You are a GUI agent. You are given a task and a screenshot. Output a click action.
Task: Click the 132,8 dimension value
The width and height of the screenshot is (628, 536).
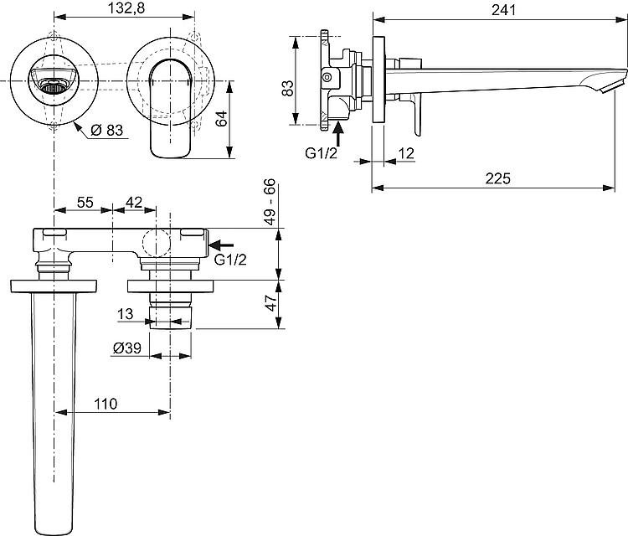tap(126, 9)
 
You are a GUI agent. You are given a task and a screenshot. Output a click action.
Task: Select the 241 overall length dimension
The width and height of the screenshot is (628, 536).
tap(503, 10)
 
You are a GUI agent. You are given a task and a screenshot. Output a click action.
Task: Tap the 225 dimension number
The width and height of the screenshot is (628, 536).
tap(498, 178)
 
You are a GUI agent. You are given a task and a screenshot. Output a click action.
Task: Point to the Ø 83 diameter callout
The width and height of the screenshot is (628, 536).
tap(106, 130)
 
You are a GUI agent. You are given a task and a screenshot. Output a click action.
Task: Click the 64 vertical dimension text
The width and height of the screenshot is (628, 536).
tap(221, 119)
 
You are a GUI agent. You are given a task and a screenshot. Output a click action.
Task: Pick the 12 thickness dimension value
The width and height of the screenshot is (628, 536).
tap(406, 153)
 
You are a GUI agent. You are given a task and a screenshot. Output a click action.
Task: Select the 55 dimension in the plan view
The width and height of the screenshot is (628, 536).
tap(85, 203)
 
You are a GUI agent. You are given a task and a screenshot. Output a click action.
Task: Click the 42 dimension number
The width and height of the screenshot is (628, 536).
tap(134, 203)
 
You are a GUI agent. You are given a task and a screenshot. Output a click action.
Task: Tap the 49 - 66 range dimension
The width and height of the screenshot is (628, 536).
tap(270, 202)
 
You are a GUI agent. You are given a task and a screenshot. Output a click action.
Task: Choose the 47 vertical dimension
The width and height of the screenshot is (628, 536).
tap(271, 302)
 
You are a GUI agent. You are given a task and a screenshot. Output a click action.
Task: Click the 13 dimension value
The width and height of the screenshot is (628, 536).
tap(125, 314)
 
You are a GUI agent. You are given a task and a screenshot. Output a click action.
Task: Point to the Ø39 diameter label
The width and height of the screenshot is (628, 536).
tap(127, 348)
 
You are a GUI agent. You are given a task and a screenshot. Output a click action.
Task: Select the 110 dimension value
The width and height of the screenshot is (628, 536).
tap(106, 404)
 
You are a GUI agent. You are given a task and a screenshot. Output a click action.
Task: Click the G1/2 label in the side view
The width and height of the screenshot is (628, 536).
tap(322, 153)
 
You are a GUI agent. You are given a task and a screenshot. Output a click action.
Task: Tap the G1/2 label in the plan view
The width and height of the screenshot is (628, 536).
tap(230, 260)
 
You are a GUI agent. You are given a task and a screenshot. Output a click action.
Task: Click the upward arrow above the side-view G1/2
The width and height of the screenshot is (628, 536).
tap(338, 134)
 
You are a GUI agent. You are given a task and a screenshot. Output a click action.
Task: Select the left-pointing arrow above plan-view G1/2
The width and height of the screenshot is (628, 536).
tap(221, 245)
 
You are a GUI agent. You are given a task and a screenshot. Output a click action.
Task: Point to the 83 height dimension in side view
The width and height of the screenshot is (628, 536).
tap(287, 88)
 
